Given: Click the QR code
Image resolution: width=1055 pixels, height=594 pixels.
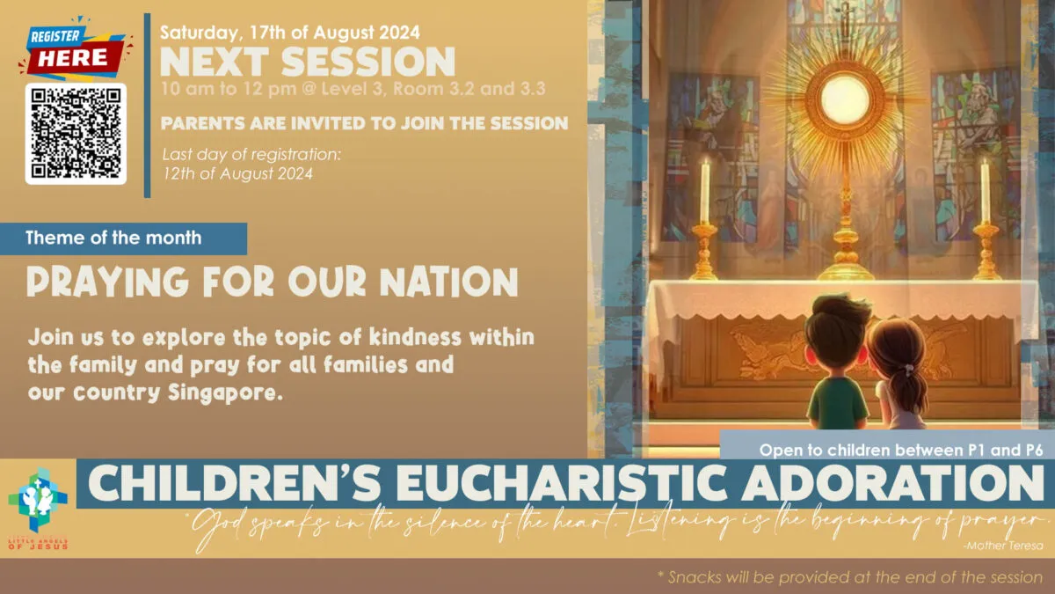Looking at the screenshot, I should coord(76,133).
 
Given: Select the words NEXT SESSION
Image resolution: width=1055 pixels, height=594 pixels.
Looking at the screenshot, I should coord(308,62).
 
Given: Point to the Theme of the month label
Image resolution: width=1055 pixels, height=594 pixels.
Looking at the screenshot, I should coord(113,238).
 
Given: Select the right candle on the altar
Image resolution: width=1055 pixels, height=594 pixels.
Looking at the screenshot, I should coord(985,191).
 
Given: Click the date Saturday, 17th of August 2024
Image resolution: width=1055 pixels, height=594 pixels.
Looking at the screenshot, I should coord(289,33).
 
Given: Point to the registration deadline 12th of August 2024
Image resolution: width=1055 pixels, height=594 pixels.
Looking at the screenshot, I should coord(238,173).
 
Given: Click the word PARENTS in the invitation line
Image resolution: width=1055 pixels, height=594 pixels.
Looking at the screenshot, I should coord(203,123).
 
